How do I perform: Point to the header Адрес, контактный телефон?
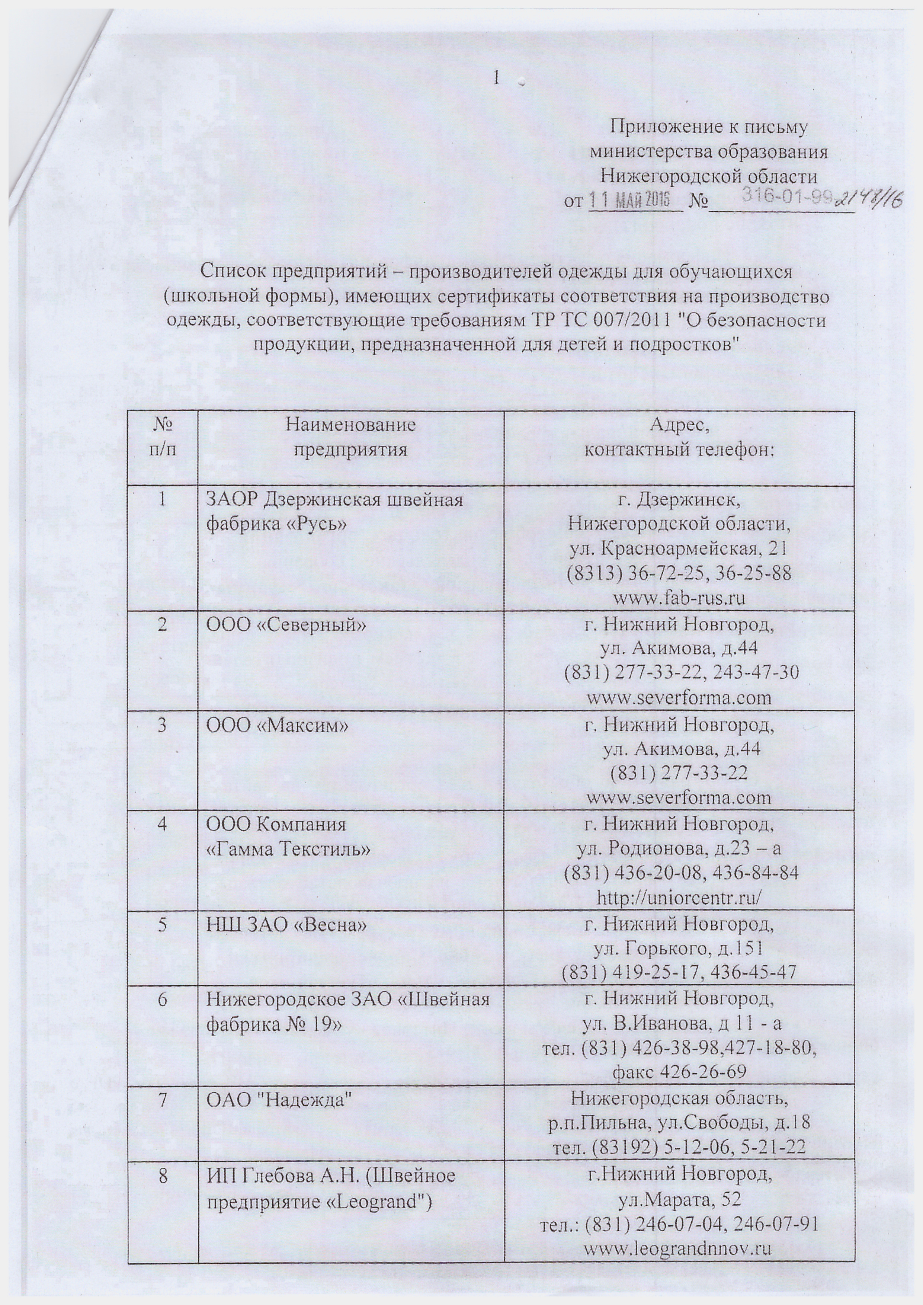(x=680, y=437)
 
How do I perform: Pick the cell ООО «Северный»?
(x=285, y=625)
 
